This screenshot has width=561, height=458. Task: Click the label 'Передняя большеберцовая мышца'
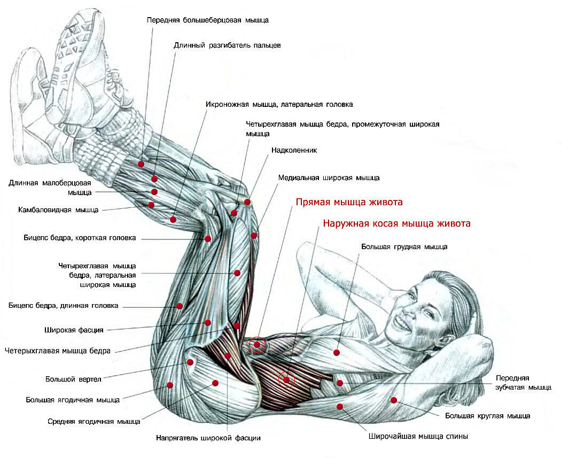coord(207,20)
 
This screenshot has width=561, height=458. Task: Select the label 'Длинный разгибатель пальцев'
coord(227,45)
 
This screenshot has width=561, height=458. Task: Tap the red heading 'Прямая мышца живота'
coord(349,203)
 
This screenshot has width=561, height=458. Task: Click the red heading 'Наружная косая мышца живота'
coord(396,223)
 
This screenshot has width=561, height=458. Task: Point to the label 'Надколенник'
coord(294,150)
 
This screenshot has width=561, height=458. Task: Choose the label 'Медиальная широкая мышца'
coord(329,177)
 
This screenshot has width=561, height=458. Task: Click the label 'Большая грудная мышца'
coord(404,247)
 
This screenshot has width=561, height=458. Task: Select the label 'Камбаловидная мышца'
coord(58,209)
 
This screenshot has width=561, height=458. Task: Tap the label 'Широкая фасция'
coord(74,330)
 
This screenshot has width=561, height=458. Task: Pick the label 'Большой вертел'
coord(73,380)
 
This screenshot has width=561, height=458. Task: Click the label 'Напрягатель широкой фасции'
coord(208,438)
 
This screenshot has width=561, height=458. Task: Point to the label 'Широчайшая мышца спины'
coord(418,436)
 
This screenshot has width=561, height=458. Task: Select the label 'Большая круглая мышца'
coord(487,415)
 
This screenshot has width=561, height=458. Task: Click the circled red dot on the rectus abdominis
coord(257,345)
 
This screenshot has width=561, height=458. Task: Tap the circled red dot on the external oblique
coord(286,380)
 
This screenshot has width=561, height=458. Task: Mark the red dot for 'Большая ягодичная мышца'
coord(170,385)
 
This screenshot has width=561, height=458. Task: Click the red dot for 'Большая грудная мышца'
coord(337,353)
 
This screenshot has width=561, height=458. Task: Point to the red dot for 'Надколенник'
coord(247,202)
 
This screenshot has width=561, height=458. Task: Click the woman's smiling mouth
coord(402,322)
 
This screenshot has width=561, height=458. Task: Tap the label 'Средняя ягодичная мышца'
coord(93,421)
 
